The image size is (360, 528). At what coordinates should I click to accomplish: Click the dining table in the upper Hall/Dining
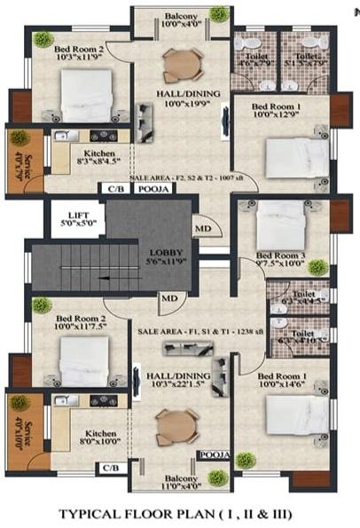click(x=183, y=65)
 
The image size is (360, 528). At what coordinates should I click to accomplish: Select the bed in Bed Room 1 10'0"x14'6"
click(x=297, y=414)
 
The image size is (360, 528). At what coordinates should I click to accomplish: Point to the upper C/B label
click(x=114, y=189)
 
